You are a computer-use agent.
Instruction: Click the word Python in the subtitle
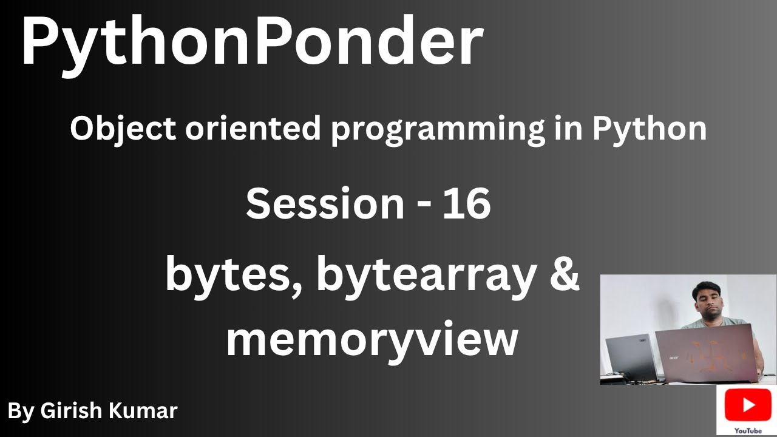650,130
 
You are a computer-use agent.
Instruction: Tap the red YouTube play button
748,405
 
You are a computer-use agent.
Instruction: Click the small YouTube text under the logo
748,430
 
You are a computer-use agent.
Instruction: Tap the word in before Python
568,129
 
